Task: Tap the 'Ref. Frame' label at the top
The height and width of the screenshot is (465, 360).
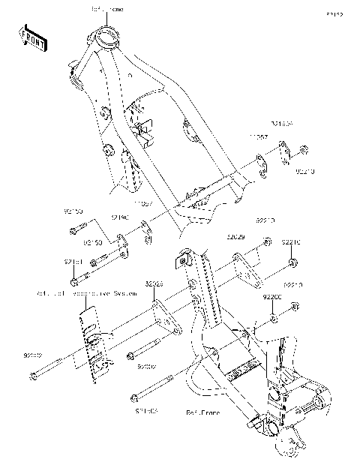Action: [108, 9]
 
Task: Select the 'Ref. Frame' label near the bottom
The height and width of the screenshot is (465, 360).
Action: [202, 412]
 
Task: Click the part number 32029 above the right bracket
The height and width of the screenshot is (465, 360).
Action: [235, 236]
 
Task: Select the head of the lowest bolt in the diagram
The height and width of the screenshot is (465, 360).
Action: [135, 397]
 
